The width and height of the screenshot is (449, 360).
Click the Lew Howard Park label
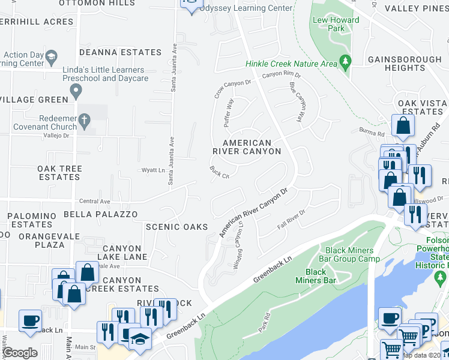coord(336,24)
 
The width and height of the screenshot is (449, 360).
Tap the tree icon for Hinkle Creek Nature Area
coord(345,61)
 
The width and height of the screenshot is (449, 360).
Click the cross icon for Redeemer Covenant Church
coord(85,121)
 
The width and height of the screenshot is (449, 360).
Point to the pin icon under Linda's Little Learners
coord(76,91)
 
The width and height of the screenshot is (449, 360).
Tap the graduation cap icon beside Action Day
coord(51,58)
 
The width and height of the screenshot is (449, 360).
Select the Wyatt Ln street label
coord(152,170)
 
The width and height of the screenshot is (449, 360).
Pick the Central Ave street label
coord(94,202)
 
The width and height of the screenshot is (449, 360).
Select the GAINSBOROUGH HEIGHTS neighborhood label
coord(404,64)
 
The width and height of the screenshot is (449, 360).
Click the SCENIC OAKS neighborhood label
coord(176,227)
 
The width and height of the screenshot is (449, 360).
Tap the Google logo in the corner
coord(19,353)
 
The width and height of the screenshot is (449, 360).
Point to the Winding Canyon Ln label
coord(239,245)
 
